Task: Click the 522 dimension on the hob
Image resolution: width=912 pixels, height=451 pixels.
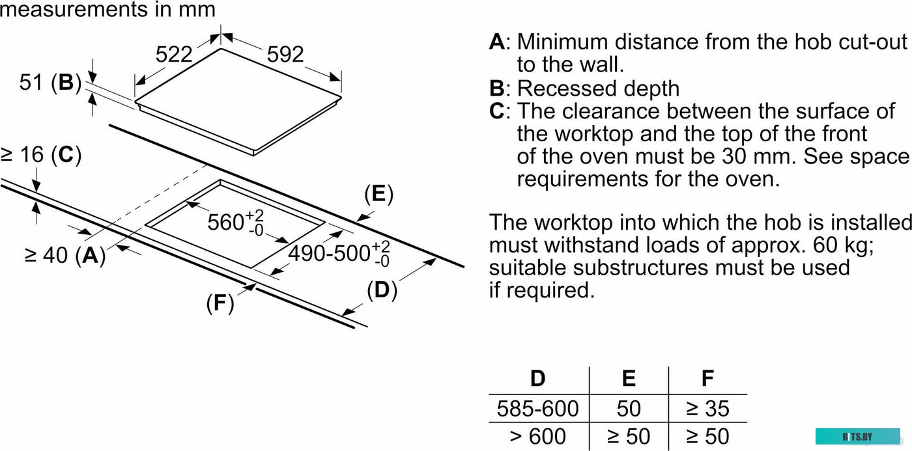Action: pos(174,54)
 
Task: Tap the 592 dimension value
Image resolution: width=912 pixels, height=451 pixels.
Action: pos(285,54)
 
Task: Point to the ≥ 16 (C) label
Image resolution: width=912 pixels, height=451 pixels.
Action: pos(40,155)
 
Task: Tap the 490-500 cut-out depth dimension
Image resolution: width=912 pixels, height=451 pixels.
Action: pos(339,253)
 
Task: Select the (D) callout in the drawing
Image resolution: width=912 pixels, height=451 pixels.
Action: pos(382,290)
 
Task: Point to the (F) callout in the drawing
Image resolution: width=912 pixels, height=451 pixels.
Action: pos(220,303)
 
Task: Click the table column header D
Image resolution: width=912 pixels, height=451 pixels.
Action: pos(537,378)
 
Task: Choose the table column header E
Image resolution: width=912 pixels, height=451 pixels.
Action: pos(629,378)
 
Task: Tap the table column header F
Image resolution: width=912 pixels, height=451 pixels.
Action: pos(707,378)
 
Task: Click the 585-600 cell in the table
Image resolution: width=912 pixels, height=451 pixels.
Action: pos(537,409)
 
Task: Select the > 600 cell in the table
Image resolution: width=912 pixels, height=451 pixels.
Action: pos(537,435)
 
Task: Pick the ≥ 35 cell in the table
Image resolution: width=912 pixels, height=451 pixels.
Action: pos(707,409)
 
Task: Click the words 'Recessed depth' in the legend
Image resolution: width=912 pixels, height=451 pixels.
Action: pos(597,89)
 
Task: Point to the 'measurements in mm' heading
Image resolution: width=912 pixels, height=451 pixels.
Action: pos(107,10)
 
